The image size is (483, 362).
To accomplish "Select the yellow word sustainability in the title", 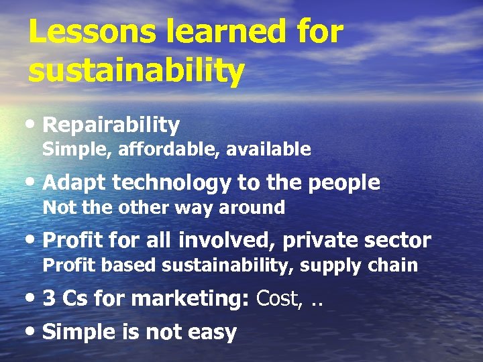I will point(136,70).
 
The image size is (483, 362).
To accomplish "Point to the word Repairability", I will point(111,125).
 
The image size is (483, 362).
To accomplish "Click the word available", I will point(268,149).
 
